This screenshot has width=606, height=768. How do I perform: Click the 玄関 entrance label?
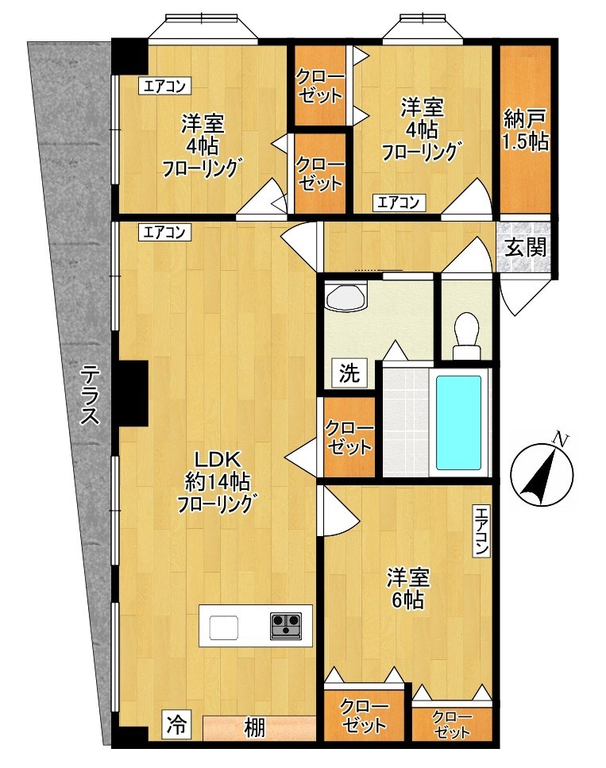click(526, 247)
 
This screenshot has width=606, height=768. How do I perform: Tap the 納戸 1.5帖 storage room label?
click(525, 129)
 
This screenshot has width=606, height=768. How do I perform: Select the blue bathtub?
click(458, 423)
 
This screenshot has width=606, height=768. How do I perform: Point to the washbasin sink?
click(345, 295)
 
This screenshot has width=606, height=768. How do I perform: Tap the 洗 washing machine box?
click(349, 374)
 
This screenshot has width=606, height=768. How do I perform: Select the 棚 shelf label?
click(255, 727)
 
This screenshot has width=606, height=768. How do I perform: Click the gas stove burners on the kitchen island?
click(286, 626)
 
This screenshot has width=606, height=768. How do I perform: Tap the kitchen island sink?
click(224, 627)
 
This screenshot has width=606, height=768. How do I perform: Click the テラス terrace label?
click(90, 395)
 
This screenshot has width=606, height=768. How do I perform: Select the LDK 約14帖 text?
click(218, 471)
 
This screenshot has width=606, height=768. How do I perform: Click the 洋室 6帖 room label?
click(407, 589)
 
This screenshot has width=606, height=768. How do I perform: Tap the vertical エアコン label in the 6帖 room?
click(481, 531)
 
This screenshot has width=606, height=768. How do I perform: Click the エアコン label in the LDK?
click(164, 232)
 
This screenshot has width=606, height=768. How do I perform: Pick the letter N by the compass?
click(559, 439)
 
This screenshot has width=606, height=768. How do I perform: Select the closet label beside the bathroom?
click(349, 438)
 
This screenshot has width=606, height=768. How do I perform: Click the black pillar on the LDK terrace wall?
click(131, 393)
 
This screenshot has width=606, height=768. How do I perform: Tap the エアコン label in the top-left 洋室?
click(164, 87)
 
